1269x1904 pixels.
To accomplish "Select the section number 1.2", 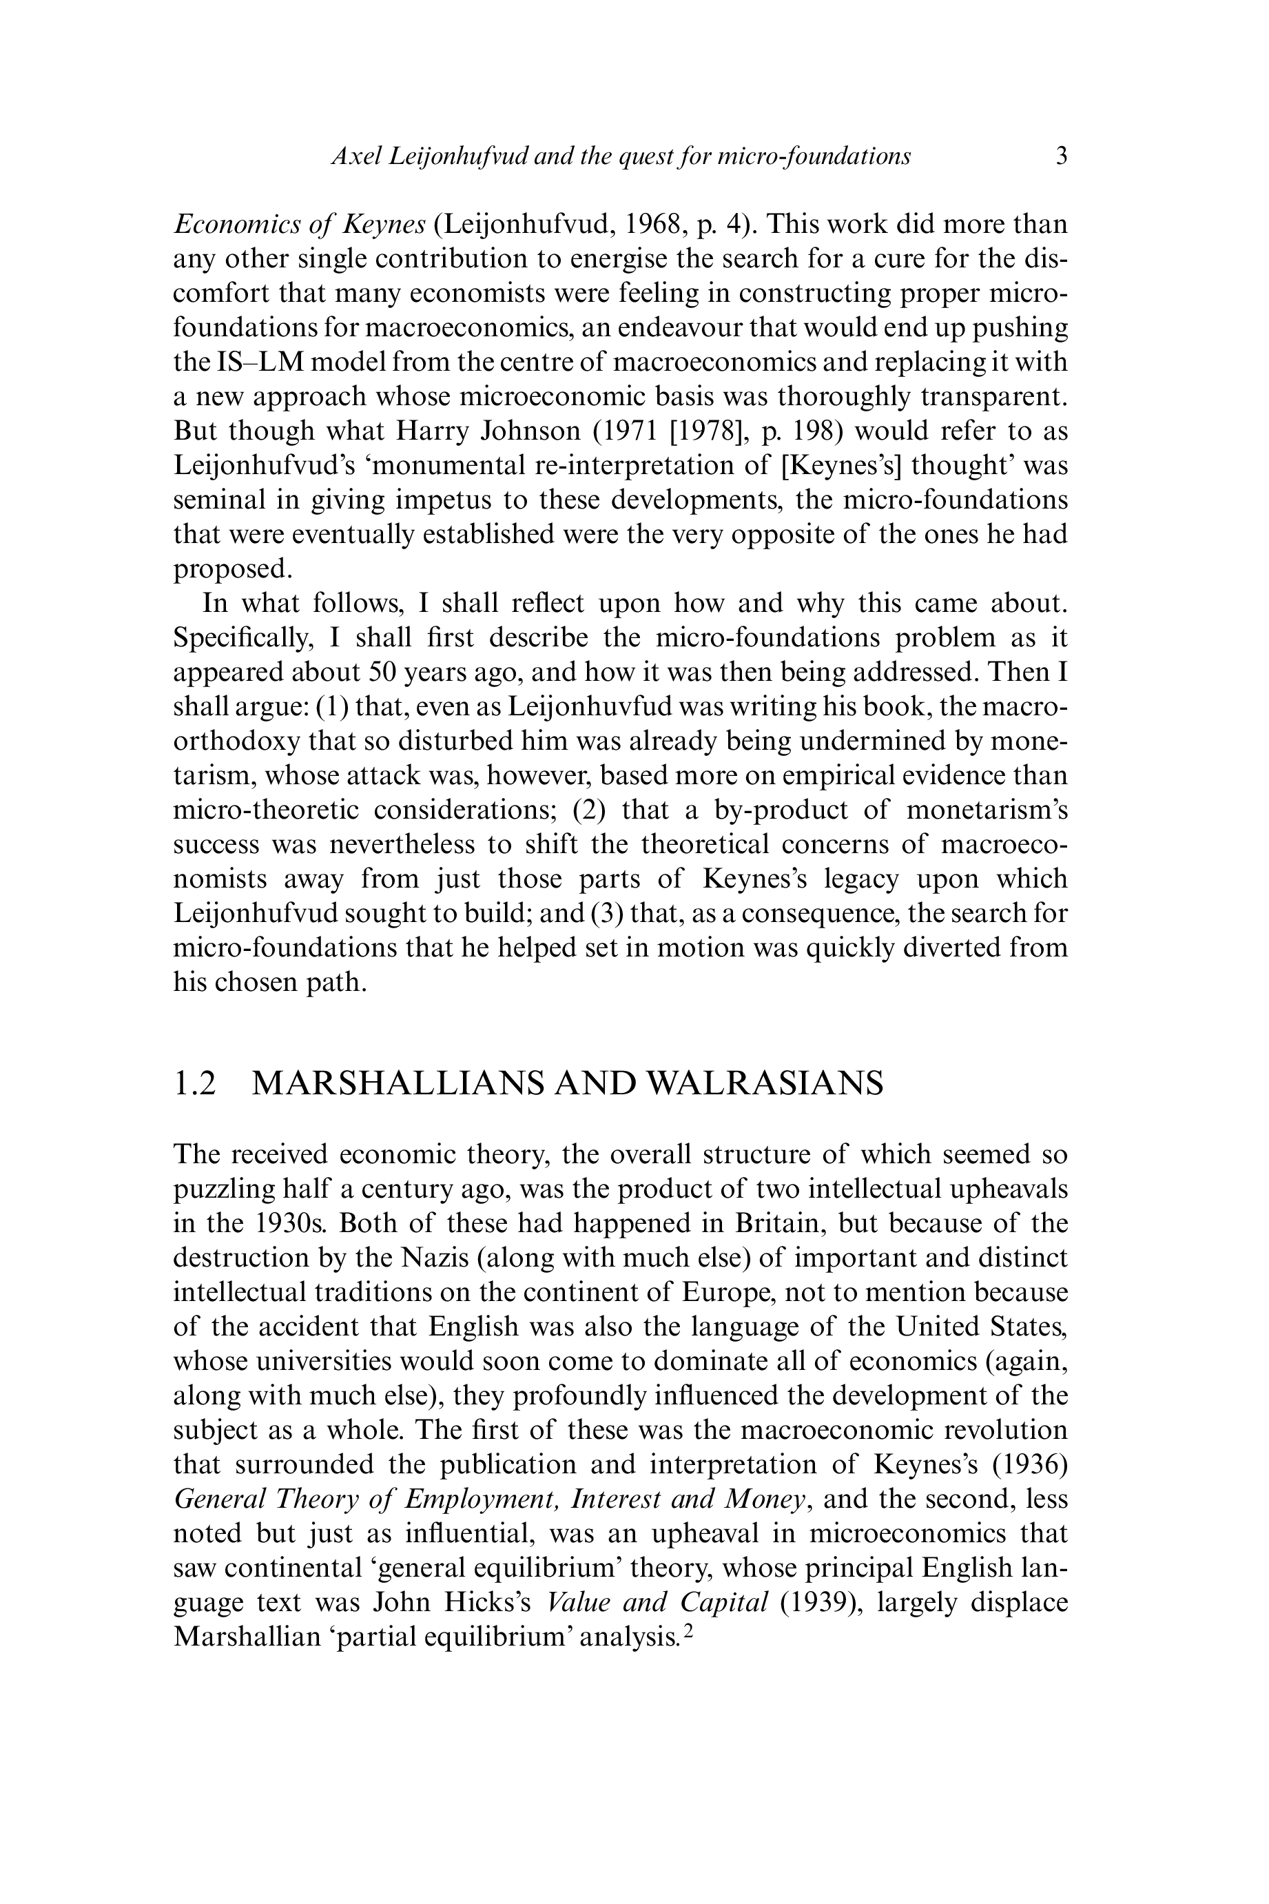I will [x=195, y=1083].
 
